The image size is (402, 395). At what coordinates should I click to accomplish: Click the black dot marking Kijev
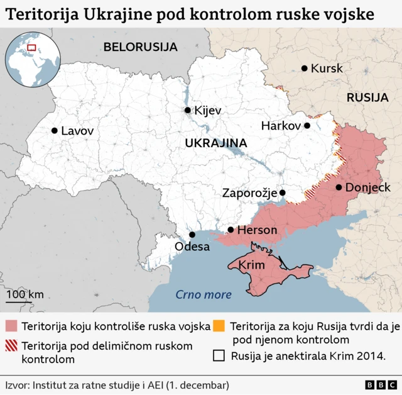click(187, 110)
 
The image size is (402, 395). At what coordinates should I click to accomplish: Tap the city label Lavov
click(77, 131)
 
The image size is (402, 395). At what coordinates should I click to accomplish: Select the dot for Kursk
click(305, 68)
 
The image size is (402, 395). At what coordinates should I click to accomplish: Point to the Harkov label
click(281, 126)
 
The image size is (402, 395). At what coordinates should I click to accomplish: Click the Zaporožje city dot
click(283, 193)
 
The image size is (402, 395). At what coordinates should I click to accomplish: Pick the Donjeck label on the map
click(367, 187)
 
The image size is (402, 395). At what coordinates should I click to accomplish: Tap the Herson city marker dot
click(231, 230)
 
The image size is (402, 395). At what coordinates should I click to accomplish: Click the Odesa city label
click(192, 247)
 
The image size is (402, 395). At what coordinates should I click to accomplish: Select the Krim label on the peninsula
click(251, 265)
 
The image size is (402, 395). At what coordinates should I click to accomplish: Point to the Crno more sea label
click(204, 294)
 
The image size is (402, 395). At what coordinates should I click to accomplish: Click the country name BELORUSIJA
click(141, 47)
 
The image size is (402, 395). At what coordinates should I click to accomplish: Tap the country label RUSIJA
click(367, 97)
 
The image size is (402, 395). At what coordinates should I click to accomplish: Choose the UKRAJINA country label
click(215, 143)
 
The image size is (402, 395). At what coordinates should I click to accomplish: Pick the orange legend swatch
click(219, 326)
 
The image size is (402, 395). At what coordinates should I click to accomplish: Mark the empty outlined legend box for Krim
click(219, 356)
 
